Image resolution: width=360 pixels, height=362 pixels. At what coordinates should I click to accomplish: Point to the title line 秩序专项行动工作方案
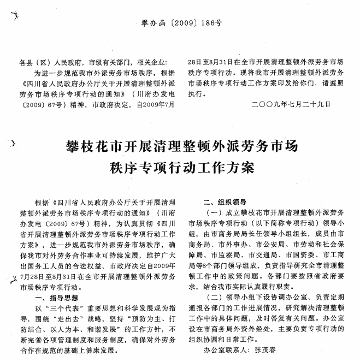(x=182, y=167)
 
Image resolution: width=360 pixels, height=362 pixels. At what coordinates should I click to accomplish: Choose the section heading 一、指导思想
(x=56, y=298)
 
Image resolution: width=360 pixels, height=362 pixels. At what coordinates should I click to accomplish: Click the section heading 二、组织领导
(x=224, y=200)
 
